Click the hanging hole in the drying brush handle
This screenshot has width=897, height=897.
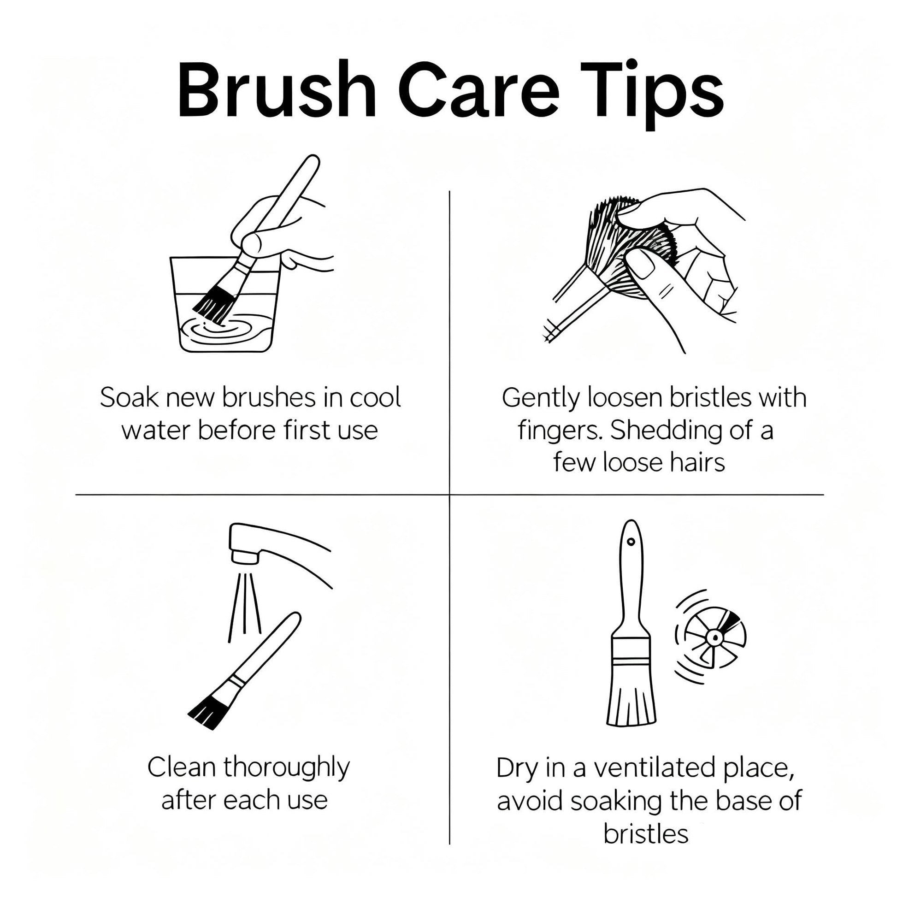pyautogui.click(x=631, y=541)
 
